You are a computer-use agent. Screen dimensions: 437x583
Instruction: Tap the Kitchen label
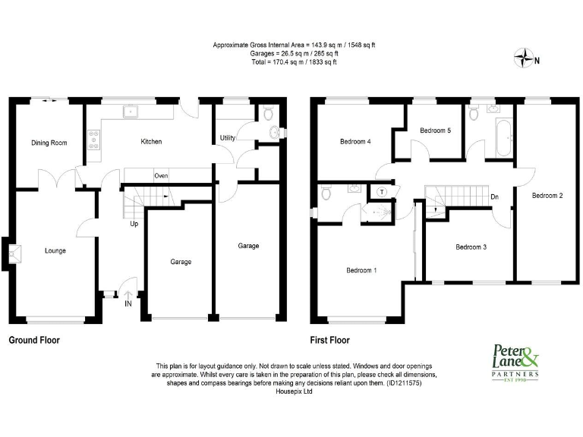[x=151, y=142]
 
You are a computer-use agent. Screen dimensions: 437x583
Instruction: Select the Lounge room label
[x=55, y=251]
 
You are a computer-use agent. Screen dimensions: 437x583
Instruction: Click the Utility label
[x=227, y=138]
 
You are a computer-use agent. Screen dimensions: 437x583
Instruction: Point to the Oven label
[x=161, y=175]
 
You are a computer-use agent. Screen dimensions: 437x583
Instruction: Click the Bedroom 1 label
[x=361, y=271]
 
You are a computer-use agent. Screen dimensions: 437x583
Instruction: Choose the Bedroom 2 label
[x=547, y=196]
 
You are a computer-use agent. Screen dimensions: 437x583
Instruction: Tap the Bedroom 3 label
[x=471, y=247]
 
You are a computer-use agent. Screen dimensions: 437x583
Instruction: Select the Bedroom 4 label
[x=355, y=142]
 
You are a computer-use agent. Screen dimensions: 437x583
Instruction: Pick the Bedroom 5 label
[x=436, y=130]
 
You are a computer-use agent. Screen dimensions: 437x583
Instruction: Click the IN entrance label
[x=128, y=304]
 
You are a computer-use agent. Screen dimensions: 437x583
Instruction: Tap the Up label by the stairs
[x=134, y=224]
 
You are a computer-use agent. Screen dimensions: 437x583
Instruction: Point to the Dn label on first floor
[x=494, y=197]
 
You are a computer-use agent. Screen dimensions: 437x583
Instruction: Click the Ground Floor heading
[x=34, y=341]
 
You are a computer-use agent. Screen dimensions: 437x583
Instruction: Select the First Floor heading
[x=330, y=341]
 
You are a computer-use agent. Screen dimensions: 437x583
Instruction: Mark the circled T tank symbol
[x=381, y=192]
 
